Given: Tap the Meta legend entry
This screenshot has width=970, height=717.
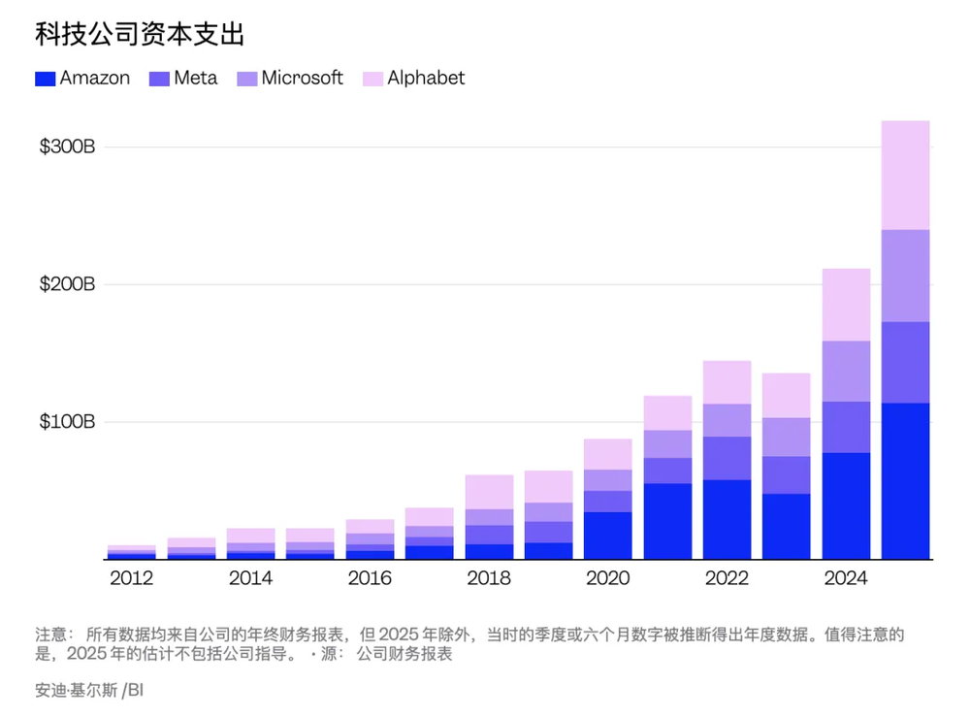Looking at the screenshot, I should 184,79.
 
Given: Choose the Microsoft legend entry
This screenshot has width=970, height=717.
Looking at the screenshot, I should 290,79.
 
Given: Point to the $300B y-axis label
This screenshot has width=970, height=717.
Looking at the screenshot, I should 67,147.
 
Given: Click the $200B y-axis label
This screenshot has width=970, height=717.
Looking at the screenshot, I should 67,285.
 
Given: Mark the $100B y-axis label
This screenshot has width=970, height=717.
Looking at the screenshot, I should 67,422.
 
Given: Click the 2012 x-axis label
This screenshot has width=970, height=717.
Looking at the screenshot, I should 131,579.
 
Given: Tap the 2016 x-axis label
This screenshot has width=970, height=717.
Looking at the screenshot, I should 370,579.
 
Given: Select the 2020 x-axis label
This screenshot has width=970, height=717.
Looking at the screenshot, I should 607,579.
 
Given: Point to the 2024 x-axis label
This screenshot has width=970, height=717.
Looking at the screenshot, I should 846,579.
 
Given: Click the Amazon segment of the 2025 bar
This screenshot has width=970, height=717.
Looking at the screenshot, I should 905,480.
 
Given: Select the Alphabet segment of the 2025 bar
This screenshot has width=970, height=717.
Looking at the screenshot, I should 905,175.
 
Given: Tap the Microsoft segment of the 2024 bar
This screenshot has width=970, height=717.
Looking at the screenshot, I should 846,371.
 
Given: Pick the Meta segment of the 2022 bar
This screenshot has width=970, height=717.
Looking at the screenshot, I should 727,458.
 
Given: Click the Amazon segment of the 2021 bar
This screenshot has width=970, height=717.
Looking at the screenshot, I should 667,521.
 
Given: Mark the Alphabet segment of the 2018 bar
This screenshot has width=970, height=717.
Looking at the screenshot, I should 489,492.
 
